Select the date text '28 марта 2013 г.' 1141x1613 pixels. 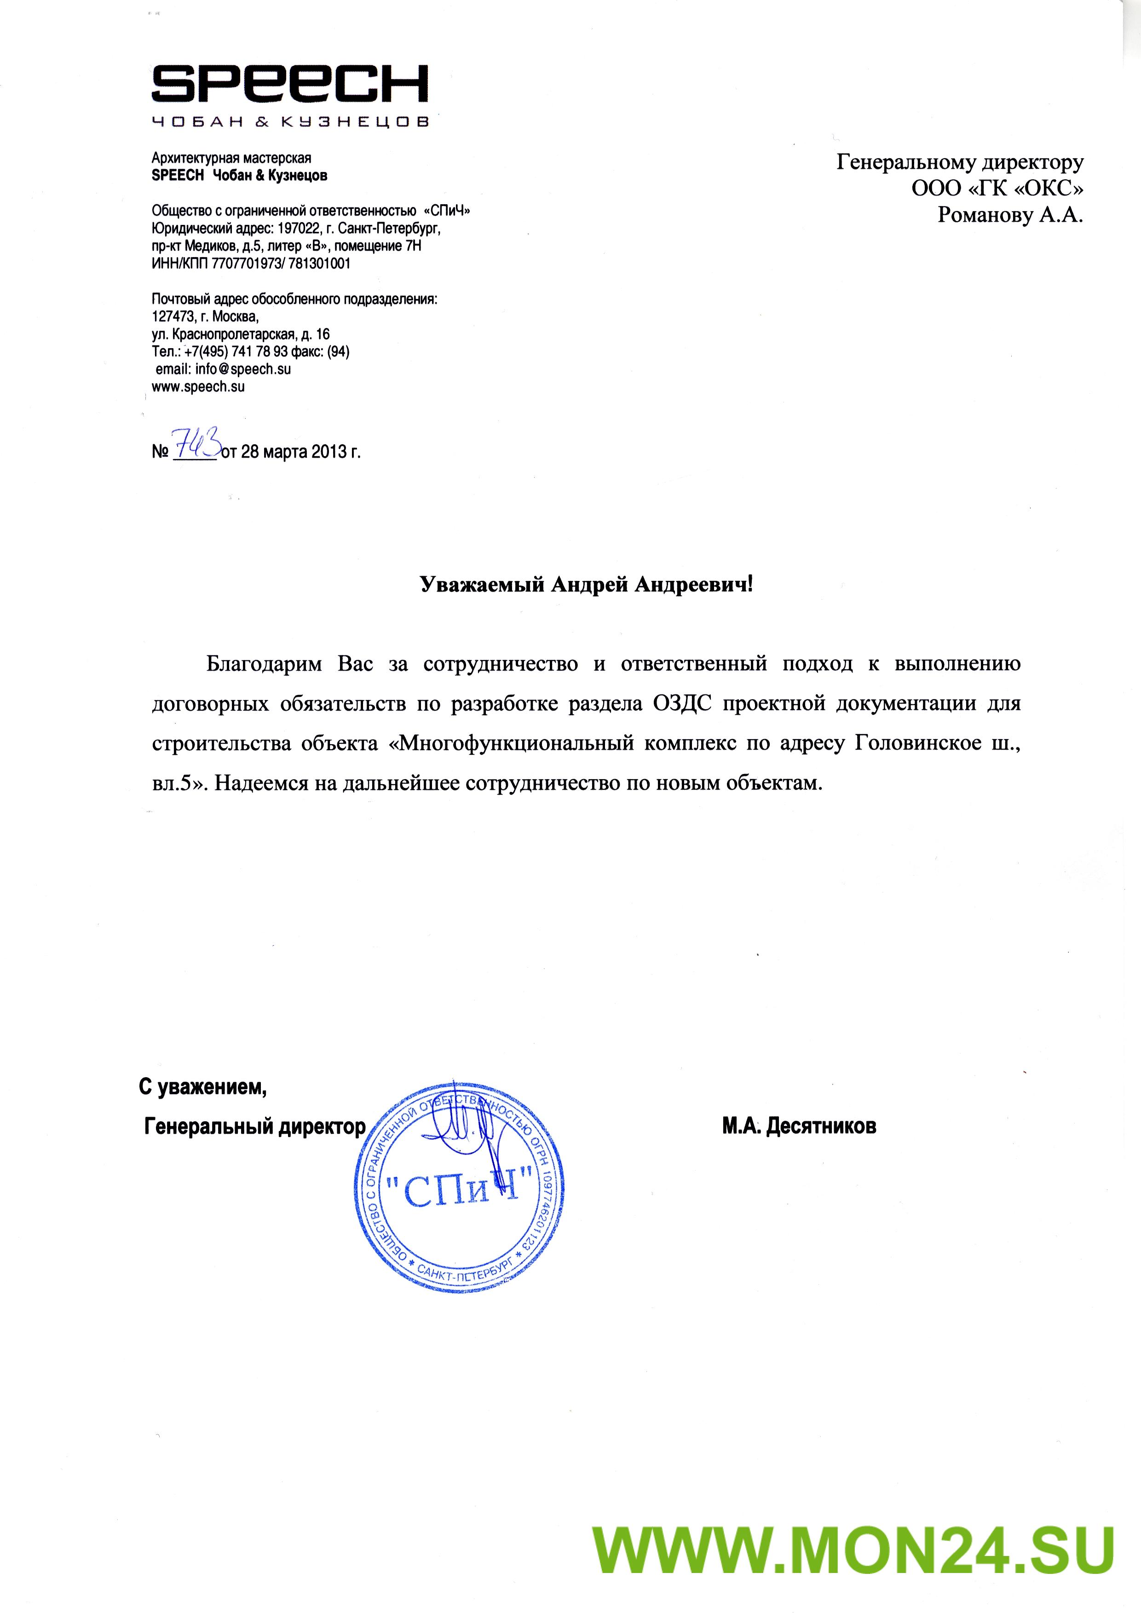tap(300, 451)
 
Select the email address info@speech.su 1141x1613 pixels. tap(243, 369)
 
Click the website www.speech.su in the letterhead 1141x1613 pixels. tap(198, 386)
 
